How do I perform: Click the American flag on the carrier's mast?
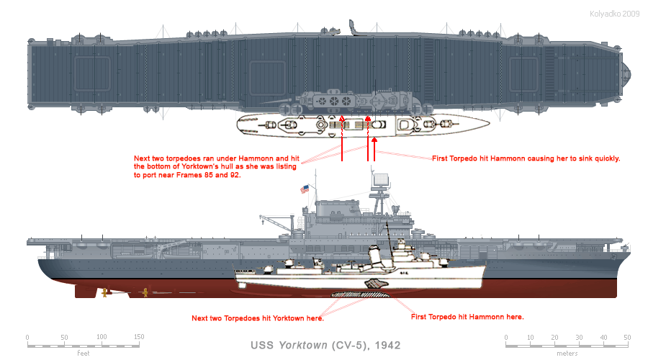pos(305,189)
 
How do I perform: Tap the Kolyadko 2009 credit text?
pos(615,14)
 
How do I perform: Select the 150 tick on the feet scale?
pos(139,337)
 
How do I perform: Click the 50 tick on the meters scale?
pos(627,338)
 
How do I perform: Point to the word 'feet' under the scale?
pos(83,353)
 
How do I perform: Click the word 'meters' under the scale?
pos(567,354)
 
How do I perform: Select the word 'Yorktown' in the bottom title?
pos(303,345)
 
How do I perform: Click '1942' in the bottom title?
pos(387,345)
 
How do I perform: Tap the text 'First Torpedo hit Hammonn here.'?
pos(467,317)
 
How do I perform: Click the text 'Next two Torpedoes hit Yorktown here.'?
pos(258,318)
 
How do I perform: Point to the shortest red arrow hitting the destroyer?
pos(374,149)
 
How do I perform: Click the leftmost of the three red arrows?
pos(342,139)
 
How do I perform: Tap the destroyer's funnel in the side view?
pos(374,256)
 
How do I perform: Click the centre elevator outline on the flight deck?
pos(267,76)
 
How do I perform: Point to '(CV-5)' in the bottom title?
pos(351,345)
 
